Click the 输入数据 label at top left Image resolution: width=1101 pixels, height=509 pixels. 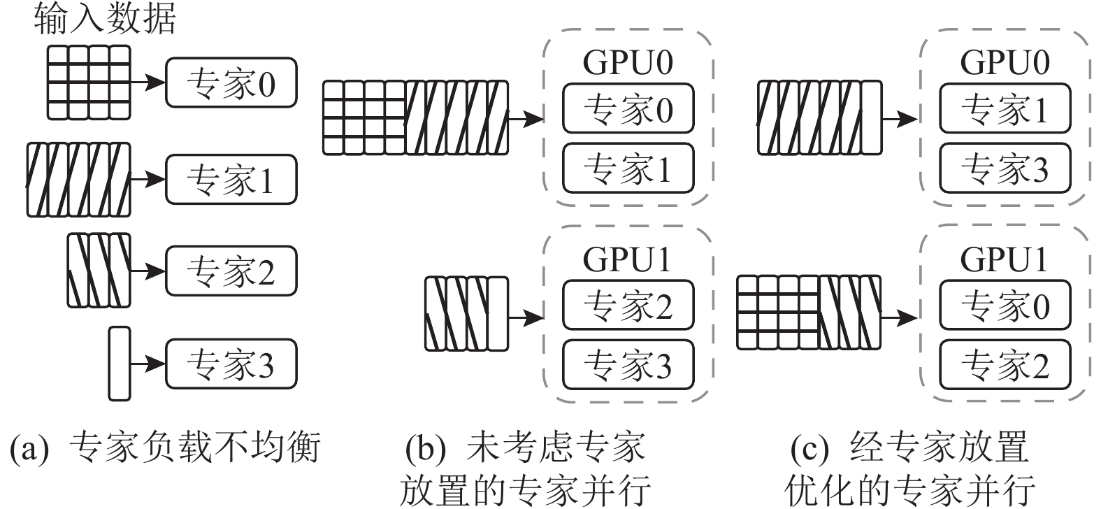104,19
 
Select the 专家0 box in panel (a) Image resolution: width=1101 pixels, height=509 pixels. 231,83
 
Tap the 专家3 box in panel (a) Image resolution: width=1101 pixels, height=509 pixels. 231,364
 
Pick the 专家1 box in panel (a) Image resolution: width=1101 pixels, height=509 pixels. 231,180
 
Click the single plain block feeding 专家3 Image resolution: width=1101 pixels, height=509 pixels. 120,364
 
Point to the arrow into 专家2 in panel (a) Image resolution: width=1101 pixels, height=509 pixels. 147,271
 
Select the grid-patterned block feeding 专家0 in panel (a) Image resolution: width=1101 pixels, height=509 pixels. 89,82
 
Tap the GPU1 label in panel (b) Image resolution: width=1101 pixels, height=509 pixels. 627,259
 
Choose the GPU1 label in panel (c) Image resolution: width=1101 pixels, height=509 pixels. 1004,259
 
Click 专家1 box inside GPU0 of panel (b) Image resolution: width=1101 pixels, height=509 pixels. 628,168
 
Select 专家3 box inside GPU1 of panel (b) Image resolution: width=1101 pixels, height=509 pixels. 628,364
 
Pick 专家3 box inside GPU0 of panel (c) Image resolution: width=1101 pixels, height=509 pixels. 1005,168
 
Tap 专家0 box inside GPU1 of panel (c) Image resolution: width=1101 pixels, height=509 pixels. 1005,306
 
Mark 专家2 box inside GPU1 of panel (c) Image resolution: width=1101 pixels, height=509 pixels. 1005,364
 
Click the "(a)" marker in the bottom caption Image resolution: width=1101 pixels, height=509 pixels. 29,447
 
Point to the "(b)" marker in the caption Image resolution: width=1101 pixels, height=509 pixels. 425,447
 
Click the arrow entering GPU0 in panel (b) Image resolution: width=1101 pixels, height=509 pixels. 526,119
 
